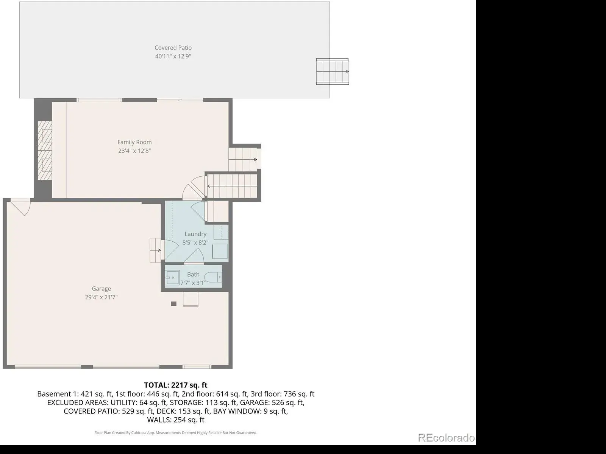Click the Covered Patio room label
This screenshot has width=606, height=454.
[173, 48]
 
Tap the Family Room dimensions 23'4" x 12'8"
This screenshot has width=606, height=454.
[134, 151]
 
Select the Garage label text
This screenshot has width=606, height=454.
[102, 289]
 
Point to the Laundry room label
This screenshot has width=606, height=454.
[195, 234]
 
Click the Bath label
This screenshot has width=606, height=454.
[193, 274]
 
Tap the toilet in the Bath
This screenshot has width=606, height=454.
[213, 277]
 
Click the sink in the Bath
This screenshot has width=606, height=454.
[173, 277]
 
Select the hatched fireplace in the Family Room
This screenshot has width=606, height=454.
[45, 151]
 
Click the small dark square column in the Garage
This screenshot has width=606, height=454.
[173, 303]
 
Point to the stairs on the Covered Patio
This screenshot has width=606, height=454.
[333, 72]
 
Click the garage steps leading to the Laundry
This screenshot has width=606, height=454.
[155, 250]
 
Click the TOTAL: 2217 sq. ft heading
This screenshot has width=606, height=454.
[176, 385]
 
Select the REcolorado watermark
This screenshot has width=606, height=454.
[446, 437]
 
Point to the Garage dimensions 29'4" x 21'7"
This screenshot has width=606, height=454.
[102, 297]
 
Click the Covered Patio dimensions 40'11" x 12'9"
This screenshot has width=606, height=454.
[173, 56]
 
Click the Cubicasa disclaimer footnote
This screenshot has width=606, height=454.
[176, 433]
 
